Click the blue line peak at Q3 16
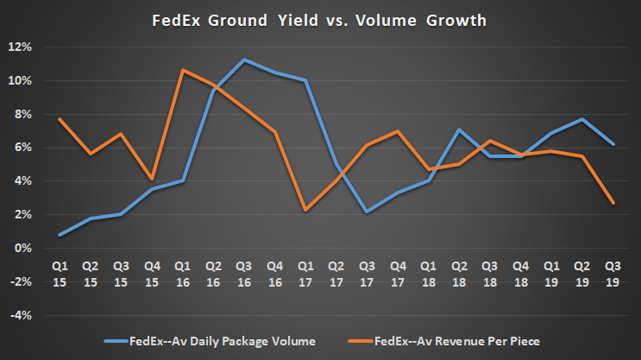[x=245, y=60]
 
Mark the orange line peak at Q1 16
[x=184, y=70]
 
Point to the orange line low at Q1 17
[x=306, y=210]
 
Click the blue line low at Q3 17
[x=368, y=212]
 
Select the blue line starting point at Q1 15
[x=61, y=235]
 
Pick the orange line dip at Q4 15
[x=153, y=179]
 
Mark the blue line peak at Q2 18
[x=460, y=129]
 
